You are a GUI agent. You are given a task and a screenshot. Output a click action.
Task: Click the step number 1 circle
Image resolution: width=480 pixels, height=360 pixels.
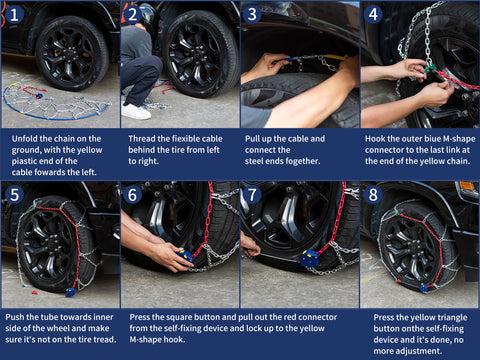[14, 15]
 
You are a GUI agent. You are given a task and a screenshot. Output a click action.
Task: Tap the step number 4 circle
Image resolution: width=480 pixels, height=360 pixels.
[373, 15]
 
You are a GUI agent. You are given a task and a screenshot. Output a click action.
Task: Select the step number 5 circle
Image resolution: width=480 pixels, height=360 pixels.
[14, 195]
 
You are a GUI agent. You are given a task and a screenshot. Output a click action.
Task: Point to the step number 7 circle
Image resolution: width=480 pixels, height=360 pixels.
[252, 195]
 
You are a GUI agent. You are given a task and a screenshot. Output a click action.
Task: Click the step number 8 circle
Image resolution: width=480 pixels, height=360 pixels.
[373, 195]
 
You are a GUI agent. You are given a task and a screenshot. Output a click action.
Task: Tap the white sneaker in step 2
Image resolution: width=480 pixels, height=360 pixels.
[136, 111]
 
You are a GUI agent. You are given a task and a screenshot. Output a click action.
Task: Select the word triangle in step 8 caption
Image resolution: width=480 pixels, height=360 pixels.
[451, 318]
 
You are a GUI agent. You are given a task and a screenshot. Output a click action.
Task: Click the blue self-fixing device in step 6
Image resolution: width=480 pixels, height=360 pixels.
[185, 255]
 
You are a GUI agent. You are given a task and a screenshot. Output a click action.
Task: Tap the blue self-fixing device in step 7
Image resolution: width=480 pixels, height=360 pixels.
[310, 258]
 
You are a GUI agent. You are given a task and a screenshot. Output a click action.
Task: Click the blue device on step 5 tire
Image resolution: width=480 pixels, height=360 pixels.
[71, 292]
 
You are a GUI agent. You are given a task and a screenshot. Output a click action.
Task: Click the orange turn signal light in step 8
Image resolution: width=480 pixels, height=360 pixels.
[467, 186]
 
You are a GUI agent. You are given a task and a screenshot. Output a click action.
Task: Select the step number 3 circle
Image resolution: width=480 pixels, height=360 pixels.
[252, 15]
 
